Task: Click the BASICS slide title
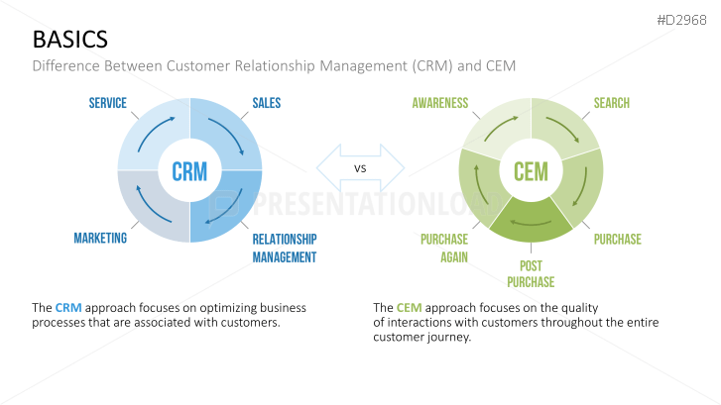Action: pos(69,39)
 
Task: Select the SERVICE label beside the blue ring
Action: pos(107,103)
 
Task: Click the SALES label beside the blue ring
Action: pos(267,103)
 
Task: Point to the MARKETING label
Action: pos(100,239)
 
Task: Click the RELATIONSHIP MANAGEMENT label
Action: pos(284,249)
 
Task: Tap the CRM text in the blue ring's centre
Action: pos(189,171)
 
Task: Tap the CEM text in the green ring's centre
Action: pos(531,171)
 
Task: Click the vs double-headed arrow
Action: pos(360,168)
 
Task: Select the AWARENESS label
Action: pos(439,103)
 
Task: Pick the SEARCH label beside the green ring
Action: pos(611,103)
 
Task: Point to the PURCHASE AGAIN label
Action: pos(443,249)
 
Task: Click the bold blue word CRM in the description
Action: pos(68,307)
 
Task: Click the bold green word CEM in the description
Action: pos(409,307)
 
